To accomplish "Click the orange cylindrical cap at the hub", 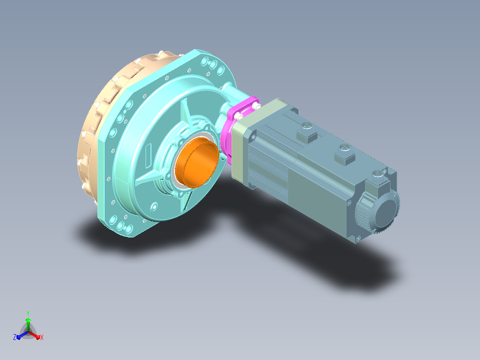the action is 197,162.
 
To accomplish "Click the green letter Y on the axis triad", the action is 28,313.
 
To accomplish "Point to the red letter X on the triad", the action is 42,337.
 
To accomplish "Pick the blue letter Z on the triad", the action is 15,337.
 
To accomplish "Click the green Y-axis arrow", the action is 28,324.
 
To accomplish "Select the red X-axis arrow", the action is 35,335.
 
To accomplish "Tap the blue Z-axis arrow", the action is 22,335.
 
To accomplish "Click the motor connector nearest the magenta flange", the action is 307,133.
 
